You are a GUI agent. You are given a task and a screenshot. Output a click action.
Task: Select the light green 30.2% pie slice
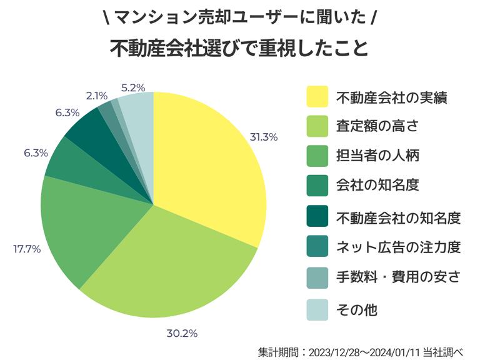(x=169, y=262)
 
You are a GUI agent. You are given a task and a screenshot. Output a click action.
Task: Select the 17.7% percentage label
(x=27, y=249)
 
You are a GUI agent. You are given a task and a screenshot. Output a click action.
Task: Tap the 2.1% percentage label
(x=97, y=96)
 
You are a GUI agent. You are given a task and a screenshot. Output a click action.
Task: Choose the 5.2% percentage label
(x=132, y=87)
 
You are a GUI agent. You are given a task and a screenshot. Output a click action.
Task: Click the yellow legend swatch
(x=317, y=97)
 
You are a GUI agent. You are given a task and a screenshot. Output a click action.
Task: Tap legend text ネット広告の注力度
(x=398, y=248)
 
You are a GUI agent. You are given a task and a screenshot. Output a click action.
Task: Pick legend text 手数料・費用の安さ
(x=398, y=278)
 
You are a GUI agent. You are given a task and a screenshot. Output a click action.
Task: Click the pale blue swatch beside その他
(x=317, y=309)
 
